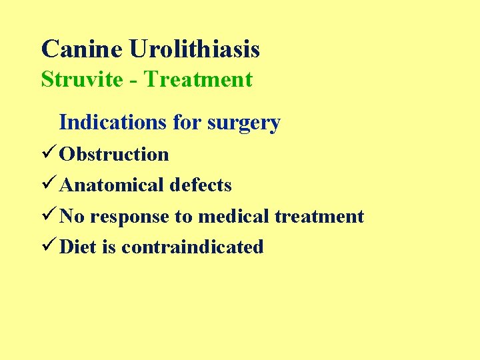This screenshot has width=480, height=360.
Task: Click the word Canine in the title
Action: [x=82, y=49]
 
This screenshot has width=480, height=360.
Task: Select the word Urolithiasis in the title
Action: [x=195, y=49]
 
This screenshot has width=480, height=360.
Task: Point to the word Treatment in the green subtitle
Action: [x=198, y=79]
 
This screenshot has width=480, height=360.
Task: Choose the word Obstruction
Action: [x=114, y=154]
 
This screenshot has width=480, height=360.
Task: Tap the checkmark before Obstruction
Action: [x=49, y=154]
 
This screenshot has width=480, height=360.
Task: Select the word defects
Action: [x=201, y=185]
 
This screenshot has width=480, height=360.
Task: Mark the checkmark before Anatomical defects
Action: [x=49, y=185]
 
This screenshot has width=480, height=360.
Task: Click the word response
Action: [x=132, y=216]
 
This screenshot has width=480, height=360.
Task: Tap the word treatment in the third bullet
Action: [x=320, y=216]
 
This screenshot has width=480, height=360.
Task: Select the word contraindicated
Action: [x=193, y=247]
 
